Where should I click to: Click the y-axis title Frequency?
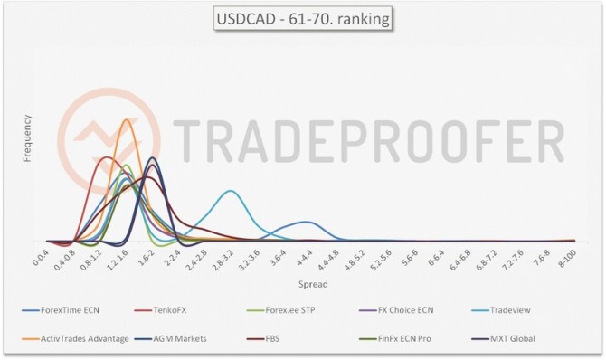click(27, 138)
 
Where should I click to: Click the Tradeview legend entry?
click(507, 310)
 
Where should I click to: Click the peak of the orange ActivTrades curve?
click(126, 119)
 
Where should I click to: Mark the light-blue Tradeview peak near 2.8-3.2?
click(231, 191)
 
